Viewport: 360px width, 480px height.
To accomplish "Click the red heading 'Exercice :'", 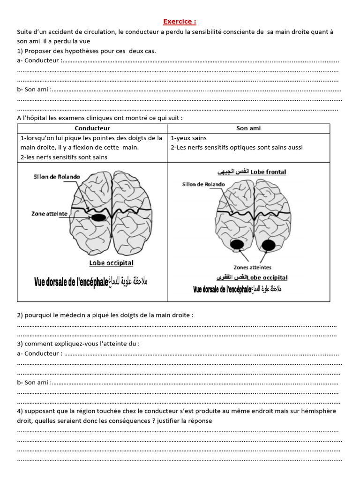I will [x=180, y=22].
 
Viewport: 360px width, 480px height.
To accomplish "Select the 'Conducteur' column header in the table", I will [x=92, y=128].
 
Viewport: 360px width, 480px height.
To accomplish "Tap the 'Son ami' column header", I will [x=248, y=128].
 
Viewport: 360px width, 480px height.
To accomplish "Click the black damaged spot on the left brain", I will [x=98, y=217].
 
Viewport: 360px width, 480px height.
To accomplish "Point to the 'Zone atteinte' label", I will [x=49, y=214].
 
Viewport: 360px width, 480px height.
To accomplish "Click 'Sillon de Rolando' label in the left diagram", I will [x=57, y=177].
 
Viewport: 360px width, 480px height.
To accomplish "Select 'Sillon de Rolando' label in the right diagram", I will [x=203, y=184].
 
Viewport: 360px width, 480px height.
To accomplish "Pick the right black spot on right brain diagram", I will [x=268, y=244].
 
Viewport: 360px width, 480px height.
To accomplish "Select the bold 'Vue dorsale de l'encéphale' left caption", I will [x=71, y=283].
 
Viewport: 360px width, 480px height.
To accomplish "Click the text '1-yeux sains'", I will [x=189, y=138].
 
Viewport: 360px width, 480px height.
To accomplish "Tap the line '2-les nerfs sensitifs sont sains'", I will [x=64, y=157].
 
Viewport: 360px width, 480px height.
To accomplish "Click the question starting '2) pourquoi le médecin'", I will [x=105, y=315].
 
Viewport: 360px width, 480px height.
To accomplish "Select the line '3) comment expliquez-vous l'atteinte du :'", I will [x=78, y=344].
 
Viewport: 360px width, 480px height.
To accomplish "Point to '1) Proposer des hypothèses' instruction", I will [x=86, y=51].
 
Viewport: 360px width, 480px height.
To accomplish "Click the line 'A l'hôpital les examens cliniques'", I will [x=100, y=118].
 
